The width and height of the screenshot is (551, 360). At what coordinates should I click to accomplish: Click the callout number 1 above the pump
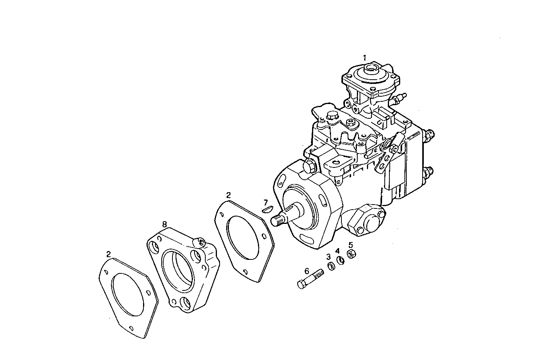click(364, 57)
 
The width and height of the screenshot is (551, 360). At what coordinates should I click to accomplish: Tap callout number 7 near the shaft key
click(265, 202)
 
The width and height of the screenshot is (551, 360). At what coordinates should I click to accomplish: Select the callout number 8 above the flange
click(164, 224)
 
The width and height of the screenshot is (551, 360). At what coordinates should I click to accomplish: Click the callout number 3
click(328, 257)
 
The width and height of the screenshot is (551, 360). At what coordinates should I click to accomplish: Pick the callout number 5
click(351, 245)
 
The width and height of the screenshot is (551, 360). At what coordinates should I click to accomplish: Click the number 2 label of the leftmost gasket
click(109, 254)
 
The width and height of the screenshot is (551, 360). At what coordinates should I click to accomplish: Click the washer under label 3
click(331, 266)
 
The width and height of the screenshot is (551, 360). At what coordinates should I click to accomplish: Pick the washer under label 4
click(341, 260)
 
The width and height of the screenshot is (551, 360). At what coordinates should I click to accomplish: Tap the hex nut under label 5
click(352, 254)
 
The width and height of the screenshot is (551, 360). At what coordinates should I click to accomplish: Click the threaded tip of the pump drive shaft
click(277, 221)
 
